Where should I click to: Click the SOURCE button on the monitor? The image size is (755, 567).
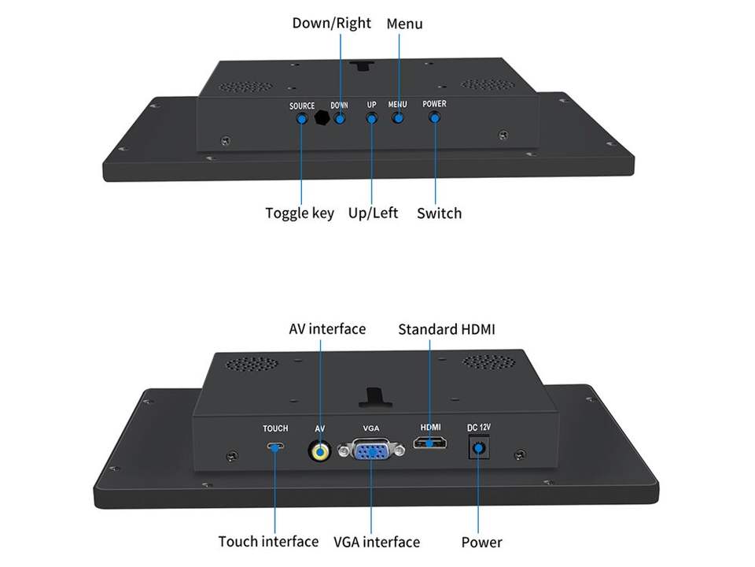coord(301,119)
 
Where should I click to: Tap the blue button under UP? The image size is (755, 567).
coord(372,118)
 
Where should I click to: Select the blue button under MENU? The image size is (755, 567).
coord(399,118)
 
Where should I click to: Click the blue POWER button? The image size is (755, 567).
coord(434,117)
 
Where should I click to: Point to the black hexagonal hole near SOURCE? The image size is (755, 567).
coord(321,118)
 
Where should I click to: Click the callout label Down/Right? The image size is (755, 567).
coord(331,23)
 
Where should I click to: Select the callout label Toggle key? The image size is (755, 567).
coord(300,213)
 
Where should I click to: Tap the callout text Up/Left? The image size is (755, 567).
coord(373,213)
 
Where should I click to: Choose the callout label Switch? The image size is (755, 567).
coord(439,213)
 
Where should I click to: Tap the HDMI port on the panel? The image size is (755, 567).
coord(431,443)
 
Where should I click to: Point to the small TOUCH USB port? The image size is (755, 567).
coord(275,447)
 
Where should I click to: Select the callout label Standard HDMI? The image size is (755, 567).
coord(447,329)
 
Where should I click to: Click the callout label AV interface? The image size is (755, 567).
coord(327,328)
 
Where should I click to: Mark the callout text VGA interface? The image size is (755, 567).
coord(377,542)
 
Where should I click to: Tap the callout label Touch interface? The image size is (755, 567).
coord(268,541)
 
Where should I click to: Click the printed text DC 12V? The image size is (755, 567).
coord(478,428)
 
